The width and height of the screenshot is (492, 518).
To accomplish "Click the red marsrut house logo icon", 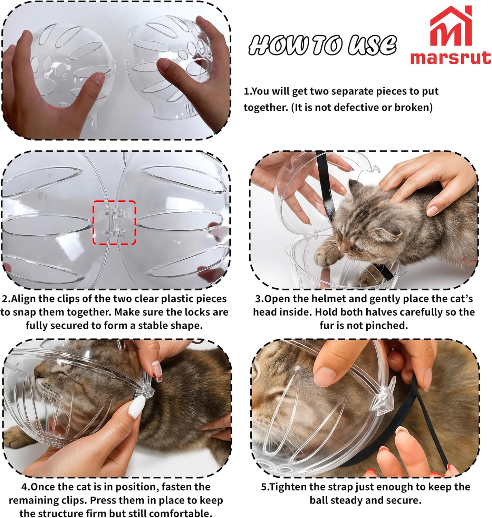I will [x=451, y=28].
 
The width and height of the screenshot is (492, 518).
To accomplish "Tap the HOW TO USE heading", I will [x=322, y=45].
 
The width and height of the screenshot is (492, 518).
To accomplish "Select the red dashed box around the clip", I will [x=114, y=222].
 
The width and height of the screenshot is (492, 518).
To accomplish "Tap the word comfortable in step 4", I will [x=180, y=513].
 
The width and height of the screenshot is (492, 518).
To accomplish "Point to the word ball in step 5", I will [x=319, y=500].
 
